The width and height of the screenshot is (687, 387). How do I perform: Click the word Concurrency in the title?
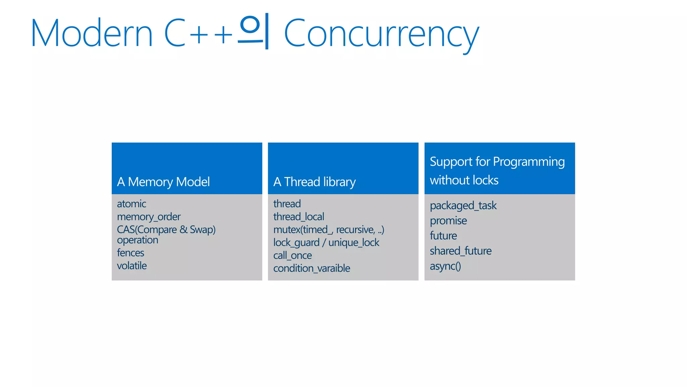tap(381, 34)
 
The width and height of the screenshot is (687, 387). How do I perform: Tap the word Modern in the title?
tap(92, 34)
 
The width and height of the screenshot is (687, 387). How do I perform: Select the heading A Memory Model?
tap(163, 182)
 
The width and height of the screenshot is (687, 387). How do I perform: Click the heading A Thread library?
tap(314, 182)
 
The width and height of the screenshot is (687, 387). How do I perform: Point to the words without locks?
tap(464, 180)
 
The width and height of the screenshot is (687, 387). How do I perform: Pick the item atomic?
tap(131, 204)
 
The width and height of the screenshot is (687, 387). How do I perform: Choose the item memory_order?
tap(149, 217)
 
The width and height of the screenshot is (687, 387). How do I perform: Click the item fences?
tap(130, 253)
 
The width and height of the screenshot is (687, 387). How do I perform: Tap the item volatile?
tap(132, 266)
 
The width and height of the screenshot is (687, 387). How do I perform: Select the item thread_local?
tap(299, 217)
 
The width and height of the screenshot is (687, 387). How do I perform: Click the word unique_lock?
tap(354, 243)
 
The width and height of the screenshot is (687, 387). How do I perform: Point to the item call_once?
tap(293, 256)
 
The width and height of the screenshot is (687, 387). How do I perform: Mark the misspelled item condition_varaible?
tap(312, 268)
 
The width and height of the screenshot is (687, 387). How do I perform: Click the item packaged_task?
tap(463, 206)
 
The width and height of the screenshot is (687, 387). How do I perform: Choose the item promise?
tap(448, 221)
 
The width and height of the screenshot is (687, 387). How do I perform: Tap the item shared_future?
tap(461, 251)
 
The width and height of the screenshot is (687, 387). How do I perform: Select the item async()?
tap(445, 266)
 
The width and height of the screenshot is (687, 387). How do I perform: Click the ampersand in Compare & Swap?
tap(183, 230)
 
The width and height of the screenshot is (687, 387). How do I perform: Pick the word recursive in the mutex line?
tap(355, 230)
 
